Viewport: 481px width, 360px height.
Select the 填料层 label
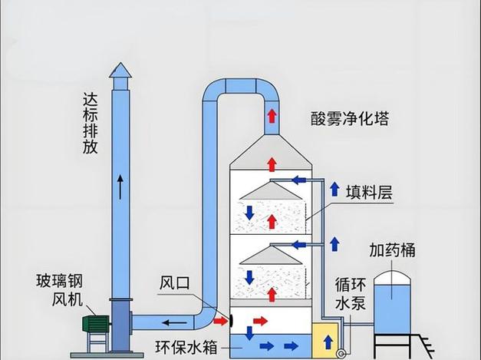pyautogui.click(x=368, y=192)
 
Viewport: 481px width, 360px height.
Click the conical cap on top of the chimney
pyautogui.click(x=120, y=71)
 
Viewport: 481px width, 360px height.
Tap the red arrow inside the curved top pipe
pyautogui.click(x=271, y=117)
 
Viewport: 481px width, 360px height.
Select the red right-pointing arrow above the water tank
pyautogui.click(x=261, y=319)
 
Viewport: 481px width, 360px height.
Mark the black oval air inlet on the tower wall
pyautogui.click(x=231, y=318)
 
